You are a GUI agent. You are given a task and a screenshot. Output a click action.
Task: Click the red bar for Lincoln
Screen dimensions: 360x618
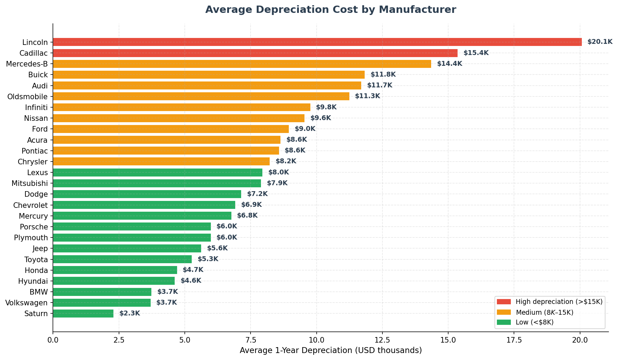[317, 42]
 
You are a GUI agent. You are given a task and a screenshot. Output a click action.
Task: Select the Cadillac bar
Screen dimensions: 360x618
[255, 53]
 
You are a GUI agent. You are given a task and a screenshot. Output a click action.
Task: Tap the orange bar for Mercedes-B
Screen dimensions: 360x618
[242, 64]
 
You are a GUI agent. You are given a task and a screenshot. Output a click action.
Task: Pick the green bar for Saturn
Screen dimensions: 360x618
[83, 313]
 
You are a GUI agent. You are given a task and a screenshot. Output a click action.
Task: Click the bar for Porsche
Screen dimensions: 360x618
[132, 227]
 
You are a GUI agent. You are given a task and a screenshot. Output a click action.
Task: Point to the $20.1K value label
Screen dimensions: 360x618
[600, 42]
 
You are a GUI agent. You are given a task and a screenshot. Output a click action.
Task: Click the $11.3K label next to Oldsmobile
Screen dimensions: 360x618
[367, 96]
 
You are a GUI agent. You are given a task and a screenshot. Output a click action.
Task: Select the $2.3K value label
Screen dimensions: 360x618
[129, 313]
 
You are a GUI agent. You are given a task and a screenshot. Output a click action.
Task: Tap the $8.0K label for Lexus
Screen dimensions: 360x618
[278, 172]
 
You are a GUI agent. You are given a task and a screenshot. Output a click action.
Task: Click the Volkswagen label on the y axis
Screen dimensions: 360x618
[26, 303]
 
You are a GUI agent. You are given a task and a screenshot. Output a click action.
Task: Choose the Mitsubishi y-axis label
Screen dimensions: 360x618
[30, 183]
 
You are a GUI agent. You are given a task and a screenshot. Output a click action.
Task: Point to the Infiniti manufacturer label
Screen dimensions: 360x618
[37, 107]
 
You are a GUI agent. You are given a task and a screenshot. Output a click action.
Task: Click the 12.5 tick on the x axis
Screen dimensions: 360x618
[382, 340]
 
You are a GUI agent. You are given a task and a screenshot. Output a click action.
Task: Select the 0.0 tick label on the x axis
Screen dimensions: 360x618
[53, 340]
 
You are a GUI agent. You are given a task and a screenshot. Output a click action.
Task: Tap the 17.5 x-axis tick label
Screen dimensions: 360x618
[514, 340]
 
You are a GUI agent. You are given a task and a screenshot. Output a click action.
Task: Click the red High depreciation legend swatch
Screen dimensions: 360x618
[504, 302]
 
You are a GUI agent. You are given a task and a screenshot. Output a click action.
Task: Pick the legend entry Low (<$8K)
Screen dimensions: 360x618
[534, 322]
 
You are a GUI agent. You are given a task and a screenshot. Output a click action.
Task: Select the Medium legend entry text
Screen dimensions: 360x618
[544, 312]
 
